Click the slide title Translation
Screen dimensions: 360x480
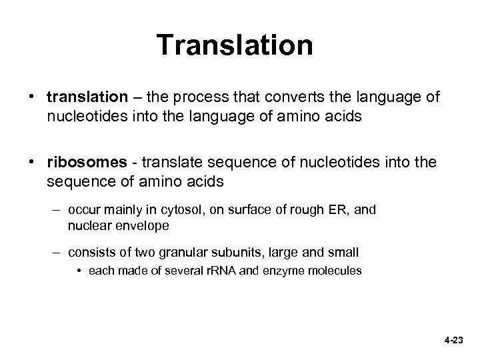pyautogui.click(x=235, y=45)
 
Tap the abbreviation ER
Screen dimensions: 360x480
pyautogui.click(x=335, y=210)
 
